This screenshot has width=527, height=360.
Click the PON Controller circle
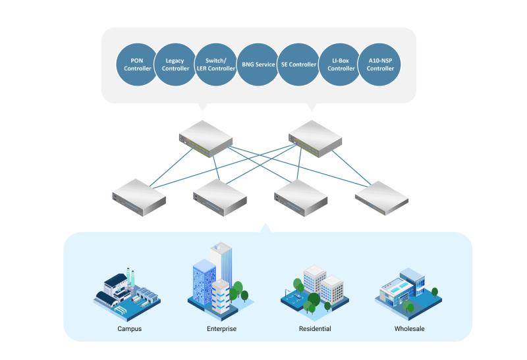137,64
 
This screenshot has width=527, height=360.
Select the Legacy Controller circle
175,64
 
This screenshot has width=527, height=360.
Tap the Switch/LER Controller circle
216,64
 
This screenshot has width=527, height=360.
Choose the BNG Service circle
258,64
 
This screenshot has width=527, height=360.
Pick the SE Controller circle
298,64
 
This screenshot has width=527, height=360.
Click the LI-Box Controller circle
340,64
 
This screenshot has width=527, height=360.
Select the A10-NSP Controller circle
380,64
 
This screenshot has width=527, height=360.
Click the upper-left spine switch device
206,139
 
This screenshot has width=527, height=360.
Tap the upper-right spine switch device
316,139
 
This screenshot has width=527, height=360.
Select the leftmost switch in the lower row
139,197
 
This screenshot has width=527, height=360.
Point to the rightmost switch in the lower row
382,198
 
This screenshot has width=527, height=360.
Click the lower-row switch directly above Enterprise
220,197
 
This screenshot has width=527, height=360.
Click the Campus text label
129,329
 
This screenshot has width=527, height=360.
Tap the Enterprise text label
221,329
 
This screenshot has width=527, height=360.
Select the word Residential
315,329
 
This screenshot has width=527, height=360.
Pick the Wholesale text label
409,329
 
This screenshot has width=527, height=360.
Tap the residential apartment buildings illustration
315,291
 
